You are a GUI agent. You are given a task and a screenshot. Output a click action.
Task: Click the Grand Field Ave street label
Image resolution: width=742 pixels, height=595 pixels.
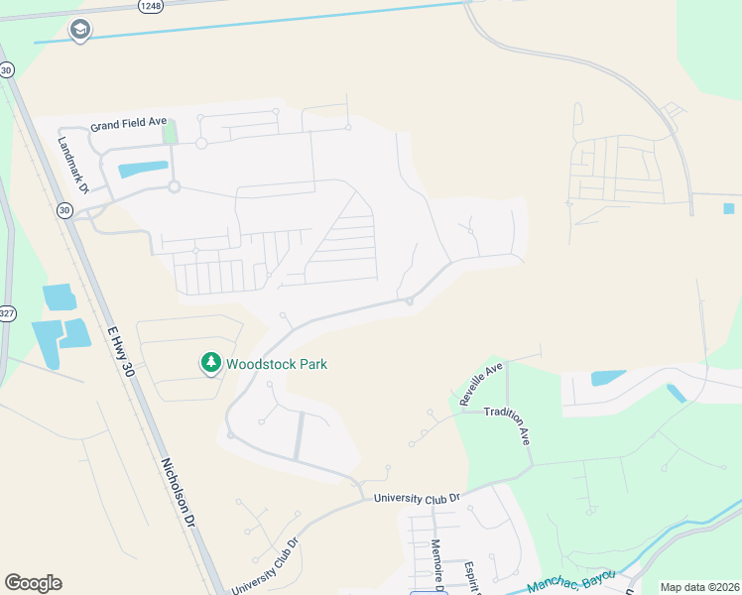point(129,126)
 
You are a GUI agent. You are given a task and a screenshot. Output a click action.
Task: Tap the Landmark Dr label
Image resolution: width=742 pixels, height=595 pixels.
point(74,164)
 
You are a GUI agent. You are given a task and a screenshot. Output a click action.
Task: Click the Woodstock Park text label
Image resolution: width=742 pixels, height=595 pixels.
point(277,364)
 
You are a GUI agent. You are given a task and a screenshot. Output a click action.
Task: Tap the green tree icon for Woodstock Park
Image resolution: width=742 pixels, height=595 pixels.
point(210,364)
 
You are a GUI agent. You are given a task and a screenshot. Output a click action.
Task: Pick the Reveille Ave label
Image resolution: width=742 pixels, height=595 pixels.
point(481,385)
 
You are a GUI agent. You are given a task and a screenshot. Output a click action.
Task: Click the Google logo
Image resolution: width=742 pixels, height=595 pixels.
point(33,583)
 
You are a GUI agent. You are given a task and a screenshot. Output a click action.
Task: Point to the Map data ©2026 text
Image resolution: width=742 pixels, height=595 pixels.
point(699,587)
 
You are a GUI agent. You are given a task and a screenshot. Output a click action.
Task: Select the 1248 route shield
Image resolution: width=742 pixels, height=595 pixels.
point(151,5)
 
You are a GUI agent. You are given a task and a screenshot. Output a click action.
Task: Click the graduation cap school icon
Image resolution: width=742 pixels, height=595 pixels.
point(78,31)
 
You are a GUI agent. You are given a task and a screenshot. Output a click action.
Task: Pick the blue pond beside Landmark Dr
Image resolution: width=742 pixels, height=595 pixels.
point(143,169)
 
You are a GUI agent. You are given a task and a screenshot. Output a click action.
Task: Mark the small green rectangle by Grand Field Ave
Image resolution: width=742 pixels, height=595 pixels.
point(170,131)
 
